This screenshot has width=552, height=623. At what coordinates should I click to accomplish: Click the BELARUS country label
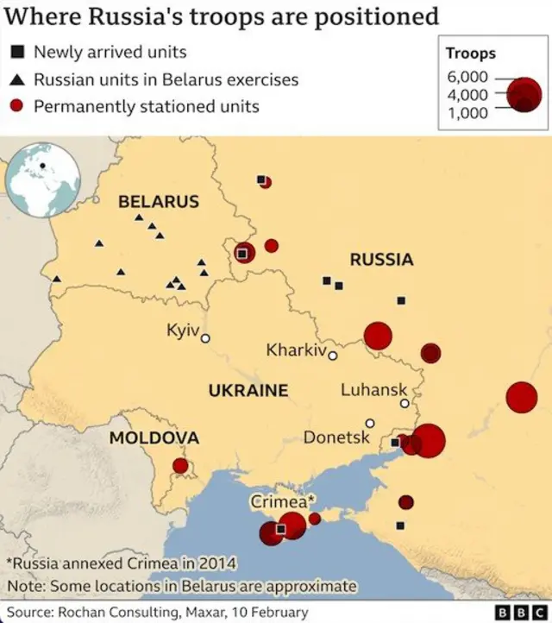click(x=158, y=202)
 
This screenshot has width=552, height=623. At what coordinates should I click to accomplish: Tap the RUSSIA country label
click(x=381, y=259)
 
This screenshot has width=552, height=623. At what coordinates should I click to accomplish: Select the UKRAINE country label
click(x=248, y=391)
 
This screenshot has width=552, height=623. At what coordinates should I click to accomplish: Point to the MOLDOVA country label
click(x=154, y=438)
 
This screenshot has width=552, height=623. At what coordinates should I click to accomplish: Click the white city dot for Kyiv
click(x=205, y=339)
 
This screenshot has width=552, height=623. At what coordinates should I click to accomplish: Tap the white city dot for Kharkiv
click(x=332, y=355)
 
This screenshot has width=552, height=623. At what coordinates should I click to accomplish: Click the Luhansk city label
click(x=373, y=390)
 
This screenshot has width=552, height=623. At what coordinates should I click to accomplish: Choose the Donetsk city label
click(x=336, y=438)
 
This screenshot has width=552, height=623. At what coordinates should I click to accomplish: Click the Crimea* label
click(x=283, y=501)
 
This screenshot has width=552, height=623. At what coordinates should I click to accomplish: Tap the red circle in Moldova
click(x=180, y=466)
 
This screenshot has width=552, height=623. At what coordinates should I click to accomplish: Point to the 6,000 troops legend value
click(x=467, y=77)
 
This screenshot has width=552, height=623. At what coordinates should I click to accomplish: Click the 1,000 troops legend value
click(x=467, y=113)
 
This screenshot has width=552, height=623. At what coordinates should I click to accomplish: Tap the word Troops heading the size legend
click(x=470, y=53)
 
